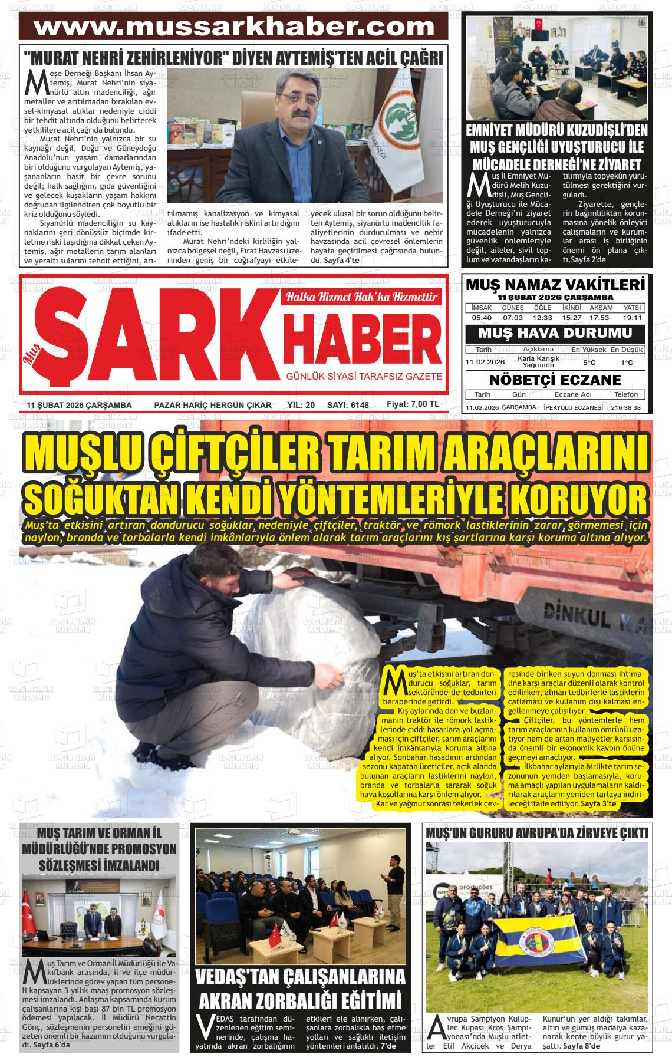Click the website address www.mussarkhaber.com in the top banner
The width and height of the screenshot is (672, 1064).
(234, 27)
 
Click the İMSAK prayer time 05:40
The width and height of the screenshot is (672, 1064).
(482, 318)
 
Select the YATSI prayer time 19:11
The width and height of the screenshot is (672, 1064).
(632, 318)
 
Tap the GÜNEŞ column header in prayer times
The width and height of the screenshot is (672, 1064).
(512, 308)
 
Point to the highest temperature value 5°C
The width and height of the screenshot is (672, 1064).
(589, 363)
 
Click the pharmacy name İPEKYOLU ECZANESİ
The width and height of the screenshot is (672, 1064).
(574, 407)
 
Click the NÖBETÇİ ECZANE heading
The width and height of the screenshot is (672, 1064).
(555, 379)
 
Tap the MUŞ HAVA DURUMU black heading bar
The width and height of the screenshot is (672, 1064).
(555, 333)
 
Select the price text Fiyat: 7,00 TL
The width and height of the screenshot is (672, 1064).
(413, 404)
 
